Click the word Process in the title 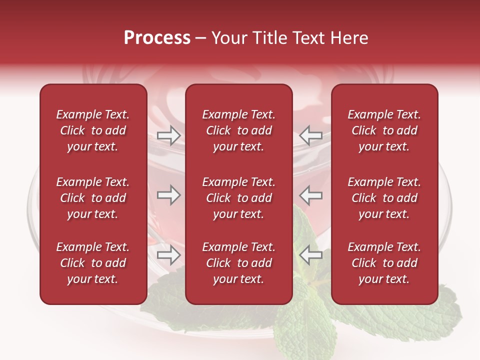tap(157, 38)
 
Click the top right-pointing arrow tap(168, 135)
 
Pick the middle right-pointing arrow tap(168, 194)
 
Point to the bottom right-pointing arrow tap(168, 255)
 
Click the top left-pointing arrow tap(310, 135)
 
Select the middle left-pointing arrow tap(310, 194)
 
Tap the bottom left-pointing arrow tap(310, 255)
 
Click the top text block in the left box tap(93, 130)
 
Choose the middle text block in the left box tap(93, 198)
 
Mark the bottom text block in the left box tap(93, 263)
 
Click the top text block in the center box tap(238, 130)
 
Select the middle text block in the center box tap(238, 198)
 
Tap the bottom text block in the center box tap(238, 263)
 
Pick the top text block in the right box tap(384, 130)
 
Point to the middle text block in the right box tap(384, 198)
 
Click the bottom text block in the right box tap(384, 263)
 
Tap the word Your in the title tap(227, 38)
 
